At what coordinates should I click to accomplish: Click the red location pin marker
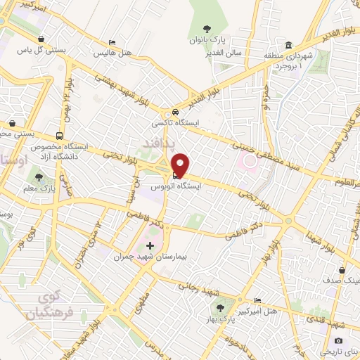point(181,165)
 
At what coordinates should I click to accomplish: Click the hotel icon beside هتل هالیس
point(112,42)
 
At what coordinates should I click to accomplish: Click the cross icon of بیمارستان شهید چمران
point(149,246)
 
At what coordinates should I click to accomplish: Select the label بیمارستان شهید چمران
point(150,257)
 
